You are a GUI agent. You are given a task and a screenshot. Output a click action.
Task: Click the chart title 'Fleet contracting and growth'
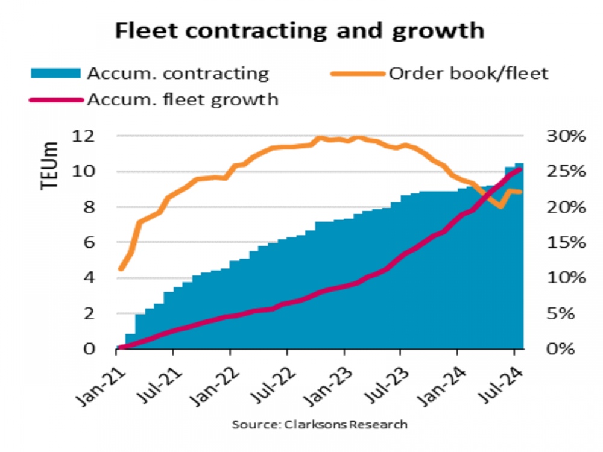click(300, 30)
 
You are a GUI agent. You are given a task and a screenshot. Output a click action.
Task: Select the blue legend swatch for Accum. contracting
click(55, 74)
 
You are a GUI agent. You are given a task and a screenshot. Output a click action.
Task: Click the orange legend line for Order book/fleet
click(357, 74)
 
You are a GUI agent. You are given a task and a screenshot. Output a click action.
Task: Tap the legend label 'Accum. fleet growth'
click(183, 99)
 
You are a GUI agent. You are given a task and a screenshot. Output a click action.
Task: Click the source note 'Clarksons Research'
click(320, 425)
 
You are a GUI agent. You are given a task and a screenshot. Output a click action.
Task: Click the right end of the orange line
click(520, 192)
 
